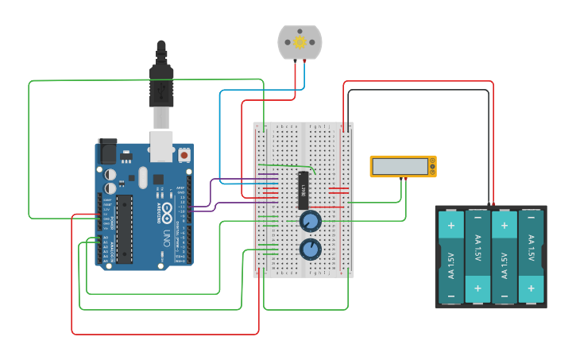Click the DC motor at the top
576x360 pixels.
(300, 42)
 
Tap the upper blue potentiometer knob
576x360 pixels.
(310, 220)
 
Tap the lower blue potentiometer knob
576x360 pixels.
(310, 250)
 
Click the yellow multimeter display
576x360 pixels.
(402, 166)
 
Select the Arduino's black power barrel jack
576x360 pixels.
(106, 151)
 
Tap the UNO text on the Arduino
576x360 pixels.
(168, 237)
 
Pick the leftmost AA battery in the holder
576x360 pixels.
(450, 256)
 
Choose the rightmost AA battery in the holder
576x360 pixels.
(532, 256)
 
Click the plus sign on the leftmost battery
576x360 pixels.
(450, 225)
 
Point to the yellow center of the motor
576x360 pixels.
(300, 42)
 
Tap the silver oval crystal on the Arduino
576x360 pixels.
(142, 178)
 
